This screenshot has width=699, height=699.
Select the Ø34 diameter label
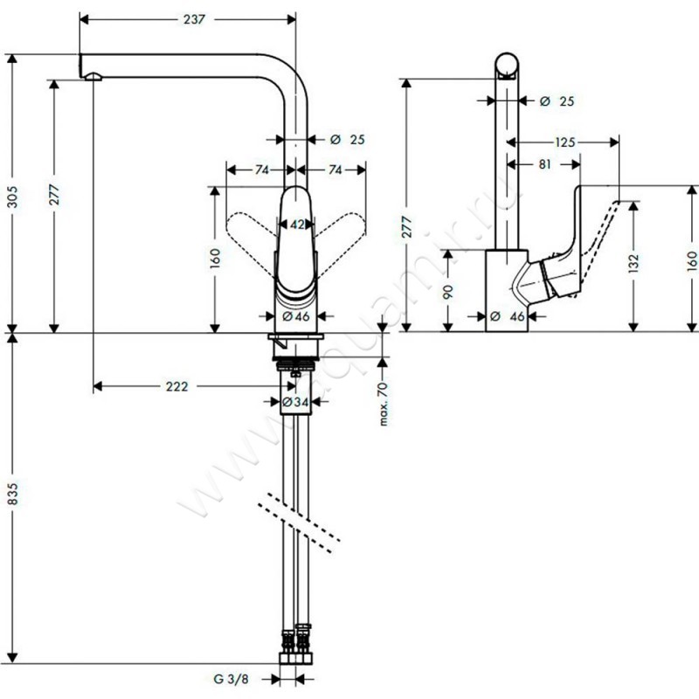[x=295, y=402]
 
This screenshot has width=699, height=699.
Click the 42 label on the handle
[x=297, y=225]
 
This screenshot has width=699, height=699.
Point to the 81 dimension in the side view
[x=543, y=163]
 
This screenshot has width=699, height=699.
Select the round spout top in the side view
[x=509, y=65]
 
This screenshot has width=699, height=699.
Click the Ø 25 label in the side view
[x=557, y=102]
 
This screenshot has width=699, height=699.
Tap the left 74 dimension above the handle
[x=260, y=170]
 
